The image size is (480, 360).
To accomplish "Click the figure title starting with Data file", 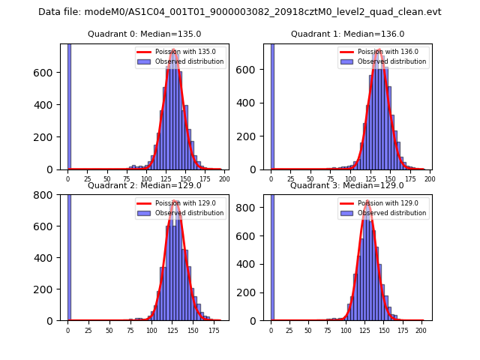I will [x=240, y=12].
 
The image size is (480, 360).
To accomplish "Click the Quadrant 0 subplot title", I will [x=145, y=34].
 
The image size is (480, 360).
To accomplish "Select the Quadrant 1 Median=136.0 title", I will [x=348, y=34].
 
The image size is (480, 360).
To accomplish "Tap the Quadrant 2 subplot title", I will [x=145, y=185].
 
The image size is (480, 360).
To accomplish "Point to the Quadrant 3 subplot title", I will [x=347, y=185].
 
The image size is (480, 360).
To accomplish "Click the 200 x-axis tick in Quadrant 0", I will [x=223, y=178].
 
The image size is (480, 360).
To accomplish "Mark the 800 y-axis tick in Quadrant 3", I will [x=253, y=203].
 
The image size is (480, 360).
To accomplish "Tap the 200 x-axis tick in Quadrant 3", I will [x=420, y=330].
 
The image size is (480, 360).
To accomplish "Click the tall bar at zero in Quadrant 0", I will [x=69, y=105].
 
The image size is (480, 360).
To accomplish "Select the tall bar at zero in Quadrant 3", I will [x=272, y=255].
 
